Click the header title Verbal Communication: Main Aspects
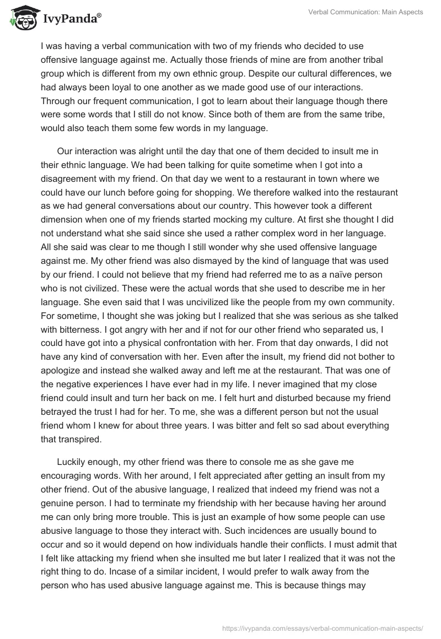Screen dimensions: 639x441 click(365, 12)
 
